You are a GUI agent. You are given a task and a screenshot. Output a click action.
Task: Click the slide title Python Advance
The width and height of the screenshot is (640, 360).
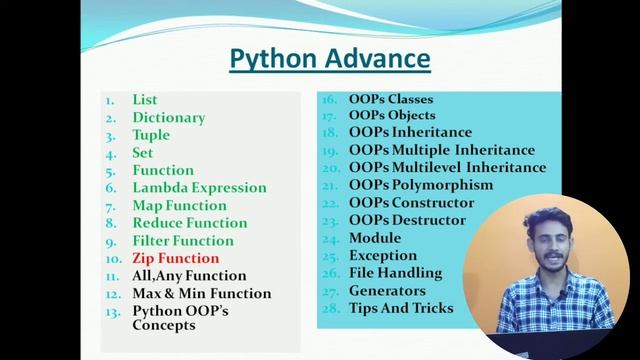[329, 59]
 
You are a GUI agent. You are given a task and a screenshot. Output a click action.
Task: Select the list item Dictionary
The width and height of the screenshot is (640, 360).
[168, 118]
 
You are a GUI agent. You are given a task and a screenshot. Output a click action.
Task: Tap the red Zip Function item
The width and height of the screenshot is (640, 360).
[175, 258]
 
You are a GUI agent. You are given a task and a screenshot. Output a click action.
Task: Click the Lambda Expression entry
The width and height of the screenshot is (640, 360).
[199, 188]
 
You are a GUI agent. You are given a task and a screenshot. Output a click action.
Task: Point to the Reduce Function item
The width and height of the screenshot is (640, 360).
[189, 223]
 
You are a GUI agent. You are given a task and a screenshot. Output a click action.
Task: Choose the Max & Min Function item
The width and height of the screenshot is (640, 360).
[201, 293]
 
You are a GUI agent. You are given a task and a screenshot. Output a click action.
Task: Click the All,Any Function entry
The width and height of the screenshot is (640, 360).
[189, 276]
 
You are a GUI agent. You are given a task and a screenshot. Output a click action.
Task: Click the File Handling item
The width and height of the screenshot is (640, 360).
[396, 273]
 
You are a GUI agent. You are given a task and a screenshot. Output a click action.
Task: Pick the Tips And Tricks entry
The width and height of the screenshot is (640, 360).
[401, 308]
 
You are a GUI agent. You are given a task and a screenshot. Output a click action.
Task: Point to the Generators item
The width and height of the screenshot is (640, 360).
[387, 291]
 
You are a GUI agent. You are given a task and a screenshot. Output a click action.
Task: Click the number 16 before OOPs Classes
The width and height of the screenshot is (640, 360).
[327, 100]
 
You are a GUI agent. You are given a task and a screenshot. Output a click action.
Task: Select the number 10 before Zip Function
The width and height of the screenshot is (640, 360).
[112, 258]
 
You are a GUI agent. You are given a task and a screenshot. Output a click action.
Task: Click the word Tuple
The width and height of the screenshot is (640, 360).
[151, 135]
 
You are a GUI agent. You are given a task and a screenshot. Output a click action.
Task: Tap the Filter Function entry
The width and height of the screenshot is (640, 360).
[183, 241]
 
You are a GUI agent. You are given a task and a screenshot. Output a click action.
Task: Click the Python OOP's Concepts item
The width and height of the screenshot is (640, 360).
[180, 318]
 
